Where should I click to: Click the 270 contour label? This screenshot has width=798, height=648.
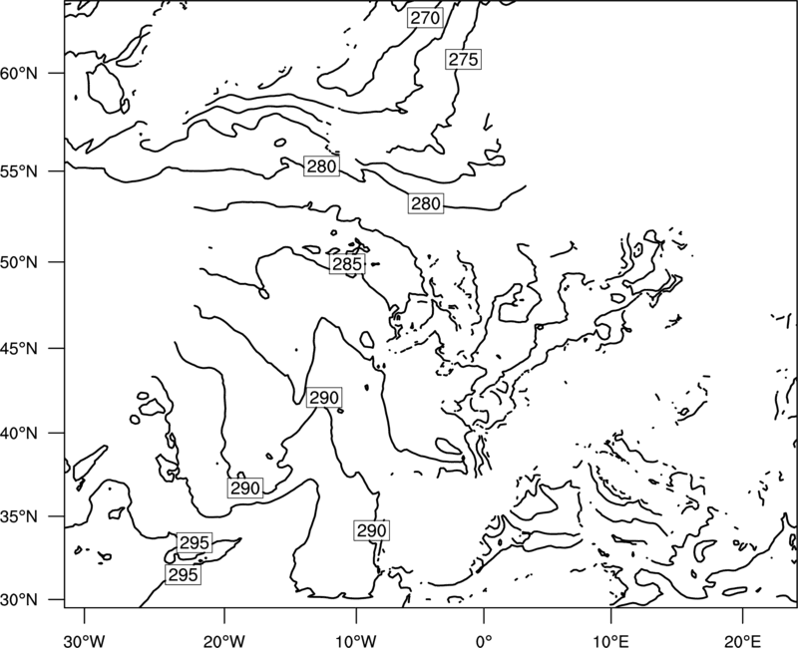(425, 18)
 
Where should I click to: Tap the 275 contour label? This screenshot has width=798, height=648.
(464, 60)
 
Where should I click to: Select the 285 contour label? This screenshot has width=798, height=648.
(347, 264)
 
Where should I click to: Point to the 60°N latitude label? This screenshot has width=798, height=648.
(19, 73)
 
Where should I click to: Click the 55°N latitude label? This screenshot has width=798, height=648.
(19, 171)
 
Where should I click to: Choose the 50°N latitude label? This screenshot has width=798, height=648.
(19, 262)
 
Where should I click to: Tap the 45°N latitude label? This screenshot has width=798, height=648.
(19, 348)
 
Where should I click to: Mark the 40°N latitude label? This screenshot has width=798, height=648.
(19, 434)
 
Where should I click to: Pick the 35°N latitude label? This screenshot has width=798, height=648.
(19, 516)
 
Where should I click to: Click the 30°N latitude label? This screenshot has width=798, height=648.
(19, 600)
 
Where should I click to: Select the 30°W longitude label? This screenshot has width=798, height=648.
(85, 639)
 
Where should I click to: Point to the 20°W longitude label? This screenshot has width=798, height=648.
(223, 639)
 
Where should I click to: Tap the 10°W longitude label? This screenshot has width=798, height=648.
(356, 639)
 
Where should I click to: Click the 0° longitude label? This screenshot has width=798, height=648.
(484, 639)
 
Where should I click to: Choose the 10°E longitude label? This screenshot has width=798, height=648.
(610, 639)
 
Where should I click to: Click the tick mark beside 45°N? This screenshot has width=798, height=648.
(57, 348)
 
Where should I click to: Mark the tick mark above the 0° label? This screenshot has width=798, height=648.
(484, 614)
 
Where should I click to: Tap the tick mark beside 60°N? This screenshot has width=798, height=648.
(57, 73)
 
